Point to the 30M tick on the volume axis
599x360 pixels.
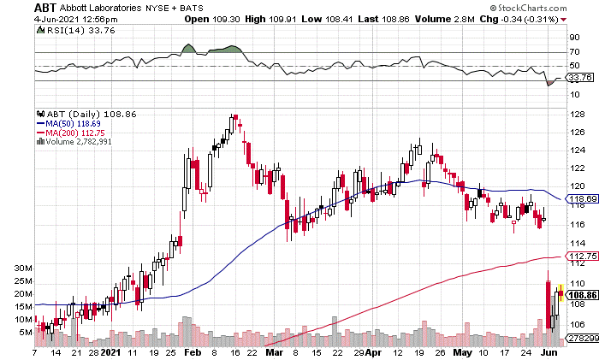23,268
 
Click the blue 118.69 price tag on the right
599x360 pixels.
581,198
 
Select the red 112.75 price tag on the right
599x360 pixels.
581,256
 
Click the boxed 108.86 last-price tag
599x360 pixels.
582,293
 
